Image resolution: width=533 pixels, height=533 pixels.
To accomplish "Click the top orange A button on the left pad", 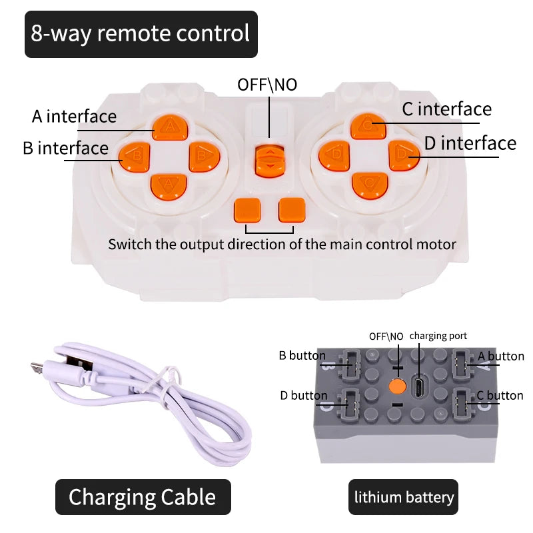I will coord(171,127).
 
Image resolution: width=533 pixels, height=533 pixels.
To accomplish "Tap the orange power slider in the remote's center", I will coord(269,160).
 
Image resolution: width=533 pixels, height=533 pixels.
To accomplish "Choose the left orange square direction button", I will coord(247,210).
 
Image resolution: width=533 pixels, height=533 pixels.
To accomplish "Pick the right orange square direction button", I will coord(291,210).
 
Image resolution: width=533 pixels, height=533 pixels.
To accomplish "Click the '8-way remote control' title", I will coord(141,33).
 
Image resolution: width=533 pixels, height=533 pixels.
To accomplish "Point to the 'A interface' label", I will coord(74,117).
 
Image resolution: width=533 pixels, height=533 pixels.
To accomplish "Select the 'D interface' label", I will coord(470,143).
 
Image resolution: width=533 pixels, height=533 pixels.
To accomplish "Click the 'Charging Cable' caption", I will coord(142,497).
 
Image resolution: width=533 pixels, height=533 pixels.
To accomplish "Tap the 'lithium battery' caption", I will coord(404,497).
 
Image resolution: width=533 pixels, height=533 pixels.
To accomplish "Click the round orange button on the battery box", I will coord(398,386).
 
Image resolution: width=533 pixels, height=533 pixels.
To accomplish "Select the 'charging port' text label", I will coord(438,336).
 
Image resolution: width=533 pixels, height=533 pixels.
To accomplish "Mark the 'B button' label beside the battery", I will coord(302,356).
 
